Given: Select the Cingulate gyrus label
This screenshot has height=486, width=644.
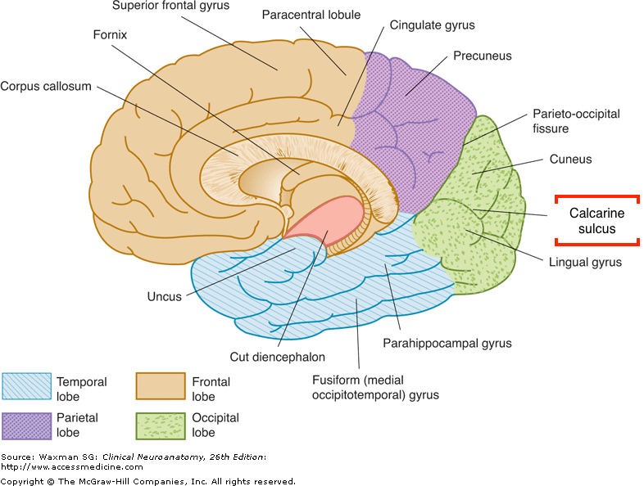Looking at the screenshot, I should tap(433, 25).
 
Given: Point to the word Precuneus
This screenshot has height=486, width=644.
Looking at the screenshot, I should tap(482, 56).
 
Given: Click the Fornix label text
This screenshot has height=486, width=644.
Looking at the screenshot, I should tap(111, 36).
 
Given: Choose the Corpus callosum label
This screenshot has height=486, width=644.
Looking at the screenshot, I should tap(46, 86).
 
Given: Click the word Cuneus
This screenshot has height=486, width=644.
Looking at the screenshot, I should tap(571, 160).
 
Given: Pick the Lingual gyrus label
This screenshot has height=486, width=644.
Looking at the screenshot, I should tap(585, 263).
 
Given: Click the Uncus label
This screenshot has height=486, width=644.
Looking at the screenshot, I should tap(165, 296).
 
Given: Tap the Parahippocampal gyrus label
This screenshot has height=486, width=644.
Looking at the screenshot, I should tap(447, 344).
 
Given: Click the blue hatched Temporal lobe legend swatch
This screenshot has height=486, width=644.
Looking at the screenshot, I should tap(25, 389).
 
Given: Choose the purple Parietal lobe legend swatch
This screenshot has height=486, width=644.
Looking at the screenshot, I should tap(25, 425).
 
